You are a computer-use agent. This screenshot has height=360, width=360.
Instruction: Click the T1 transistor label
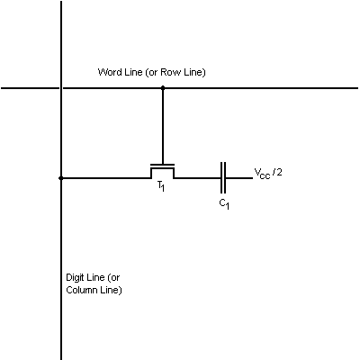pos(161,185)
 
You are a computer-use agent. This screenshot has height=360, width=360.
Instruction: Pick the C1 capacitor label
pos(223,203)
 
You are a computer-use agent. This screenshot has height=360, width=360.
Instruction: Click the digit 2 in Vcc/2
pos(281,172)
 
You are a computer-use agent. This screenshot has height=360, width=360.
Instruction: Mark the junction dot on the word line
pos(162,88)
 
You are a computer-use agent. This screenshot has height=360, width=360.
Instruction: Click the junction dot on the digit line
pos(61,178)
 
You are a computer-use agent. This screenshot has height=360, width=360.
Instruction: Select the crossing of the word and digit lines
pos(61,88)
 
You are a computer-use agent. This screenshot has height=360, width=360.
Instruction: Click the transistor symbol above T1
pos(162,171)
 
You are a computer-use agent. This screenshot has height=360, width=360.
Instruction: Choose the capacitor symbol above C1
pos(223,178)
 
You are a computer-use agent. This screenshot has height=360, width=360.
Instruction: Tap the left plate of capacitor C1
pos(220,178)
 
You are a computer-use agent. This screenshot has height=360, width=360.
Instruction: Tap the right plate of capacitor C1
pos(226,178)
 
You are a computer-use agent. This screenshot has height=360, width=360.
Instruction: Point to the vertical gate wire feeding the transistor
pos(162,126)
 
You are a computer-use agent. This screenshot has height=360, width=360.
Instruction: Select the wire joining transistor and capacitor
pos(197,178)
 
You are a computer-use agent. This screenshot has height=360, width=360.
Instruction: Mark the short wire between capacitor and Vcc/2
pos(238,178)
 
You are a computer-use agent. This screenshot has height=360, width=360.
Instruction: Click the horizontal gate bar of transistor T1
pos(162,164)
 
